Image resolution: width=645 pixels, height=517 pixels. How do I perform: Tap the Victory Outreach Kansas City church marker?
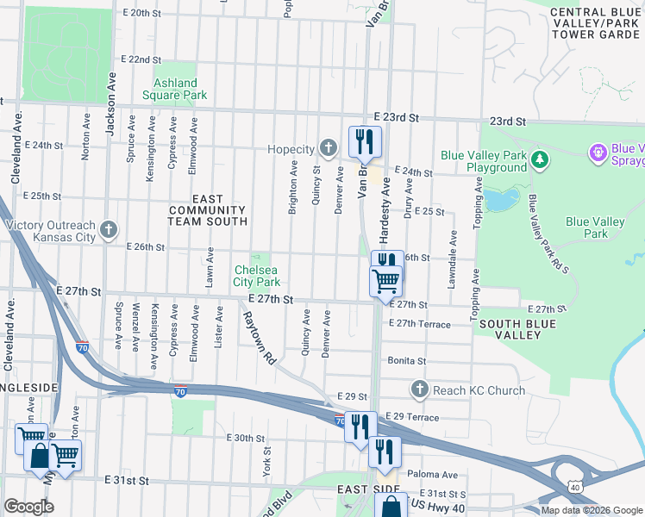tap(108, 229)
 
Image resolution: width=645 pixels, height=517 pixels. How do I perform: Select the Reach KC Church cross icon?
tap(420, 389)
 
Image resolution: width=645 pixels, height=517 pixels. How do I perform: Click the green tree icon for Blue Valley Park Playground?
tap(540, 159)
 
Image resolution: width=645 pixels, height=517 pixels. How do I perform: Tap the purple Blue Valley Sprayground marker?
tap(597, 153)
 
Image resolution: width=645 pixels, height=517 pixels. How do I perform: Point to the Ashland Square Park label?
tap(175, 89)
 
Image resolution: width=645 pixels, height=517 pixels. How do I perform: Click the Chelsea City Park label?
tap(257, 276)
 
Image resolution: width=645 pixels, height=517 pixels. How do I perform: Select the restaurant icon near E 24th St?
tap(365, 141)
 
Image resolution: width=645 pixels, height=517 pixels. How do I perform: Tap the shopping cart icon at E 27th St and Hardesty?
tap(385, 281)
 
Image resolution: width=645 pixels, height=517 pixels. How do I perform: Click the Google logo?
tap(28, 506)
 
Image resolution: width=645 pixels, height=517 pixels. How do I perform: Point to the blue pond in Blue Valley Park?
tap(499, 199)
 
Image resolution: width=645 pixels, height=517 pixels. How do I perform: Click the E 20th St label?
tap(142, 14)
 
